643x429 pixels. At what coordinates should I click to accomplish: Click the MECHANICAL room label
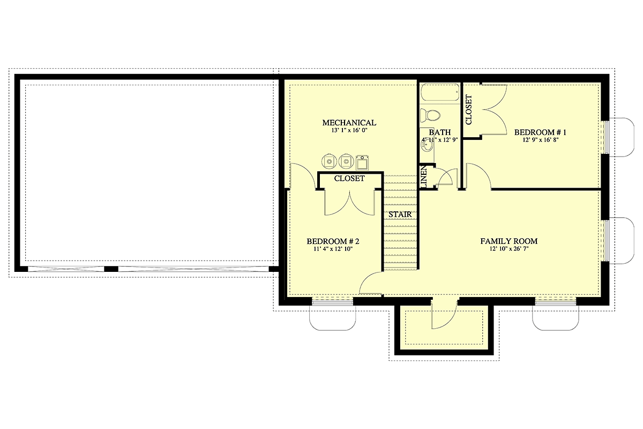coord(349,123)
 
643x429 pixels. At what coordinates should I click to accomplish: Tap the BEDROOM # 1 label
coord(540,132)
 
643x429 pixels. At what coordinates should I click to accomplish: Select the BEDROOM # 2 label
coord(333,241)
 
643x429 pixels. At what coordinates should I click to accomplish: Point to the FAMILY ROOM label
coord(509,241)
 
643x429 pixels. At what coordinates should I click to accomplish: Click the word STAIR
coord(400,214)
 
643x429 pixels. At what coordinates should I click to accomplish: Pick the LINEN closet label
coord(424,177)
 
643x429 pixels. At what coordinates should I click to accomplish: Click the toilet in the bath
coord(430,115)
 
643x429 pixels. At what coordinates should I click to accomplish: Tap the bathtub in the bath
coord(440,92)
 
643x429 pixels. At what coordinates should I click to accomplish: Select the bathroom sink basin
coord(427,146)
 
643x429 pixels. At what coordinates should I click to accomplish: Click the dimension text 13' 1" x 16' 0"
coord(349,130)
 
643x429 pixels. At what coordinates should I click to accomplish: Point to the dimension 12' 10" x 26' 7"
coord(509,249)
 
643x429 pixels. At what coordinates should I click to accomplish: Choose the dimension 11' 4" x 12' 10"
coord(333,249)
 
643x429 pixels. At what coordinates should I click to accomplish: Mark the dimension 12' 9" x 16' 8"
coord(540,140)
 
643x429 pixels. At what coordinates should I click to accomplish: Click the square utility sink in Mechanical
coord(362,163)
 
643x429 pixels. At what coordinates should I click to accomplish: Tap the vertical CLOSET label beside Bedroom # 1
coord(468,110)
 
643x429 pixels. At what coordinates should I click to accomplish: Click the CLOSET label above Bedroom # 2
coord(349,179)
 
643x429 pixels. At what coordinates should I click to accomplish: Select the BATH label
coord(440,132)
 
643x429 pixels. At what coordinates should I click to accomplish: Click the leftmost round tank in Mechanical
coord(329,161)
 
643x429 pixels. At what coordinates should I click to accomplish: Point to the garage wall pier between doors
coord(111,269)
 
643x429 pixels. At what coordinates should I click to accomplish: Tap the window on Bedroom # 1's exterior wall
coord(606,137)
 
